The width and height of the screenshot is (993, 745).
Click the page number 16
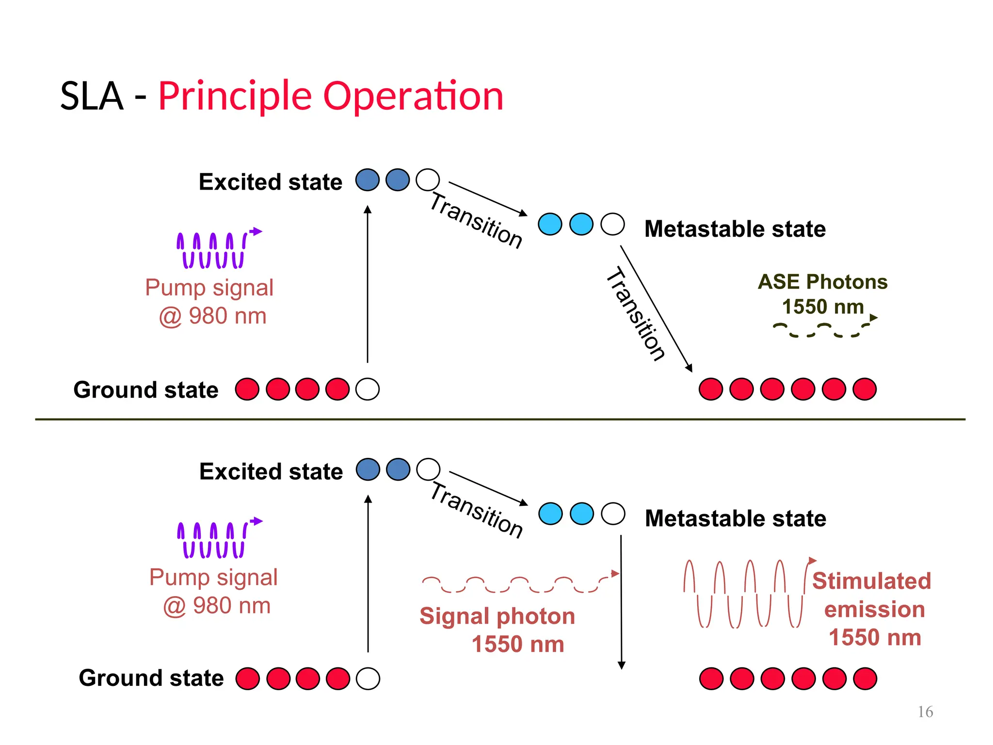[925, 712]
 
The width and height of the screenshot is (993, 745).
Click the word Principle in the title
[235, 96]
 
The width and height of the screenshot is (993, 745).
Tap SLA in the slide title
[92, 96]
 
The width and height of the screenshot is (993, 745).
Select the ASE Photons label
[822, 282]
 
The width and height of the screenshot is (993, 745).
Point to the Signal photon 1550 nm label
[497, 629]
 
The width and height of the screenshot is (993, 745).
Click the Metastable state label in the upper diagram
[735, 229]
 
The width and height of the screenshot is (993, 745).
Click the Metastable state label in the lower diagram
[735, 518]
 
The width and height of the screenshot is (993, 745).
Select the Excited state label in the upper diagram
[270, 182]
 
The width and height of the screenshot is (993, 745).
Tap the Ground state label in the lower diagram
[151, 678]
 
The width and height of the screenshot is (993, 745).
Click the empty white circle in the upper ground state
[367, 389]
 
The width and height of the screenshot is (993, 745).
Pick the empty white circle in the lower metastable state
[613, 514]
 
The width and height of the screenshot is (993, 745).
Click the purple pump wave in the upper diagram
[213, 250]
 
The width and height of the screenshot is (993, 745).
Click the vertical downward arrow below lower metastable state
[621, 601]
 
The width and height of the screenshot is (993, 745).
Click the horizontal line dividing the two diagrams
[499, 419]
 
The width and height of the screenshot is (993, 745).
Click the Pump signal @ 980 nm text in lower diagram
[214, 591]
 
